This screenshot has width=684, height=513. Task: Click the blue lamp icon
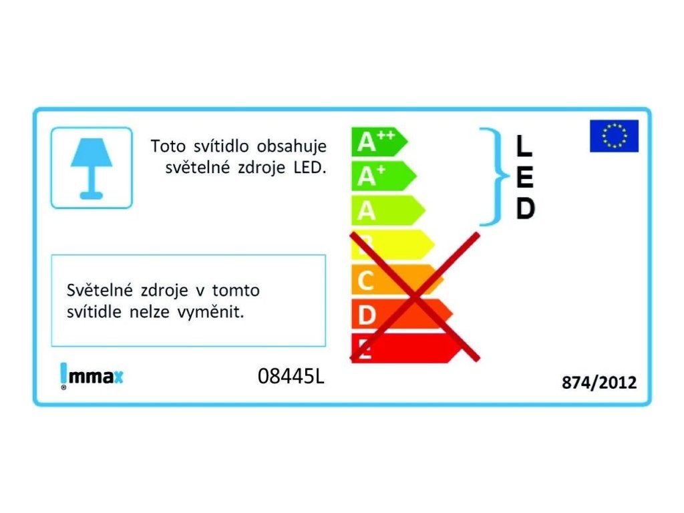point(92,168)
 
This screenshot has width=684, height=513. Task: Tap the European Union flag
point(614,136)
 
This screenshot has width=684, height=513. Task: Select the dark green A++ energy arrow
point(378,142)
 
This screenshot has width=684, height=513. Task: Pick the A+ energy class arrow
point(383,176)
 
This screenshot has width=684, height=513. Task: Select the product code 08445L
point(291,377)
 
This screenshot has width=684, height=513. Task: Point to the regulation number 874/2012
point(599,383)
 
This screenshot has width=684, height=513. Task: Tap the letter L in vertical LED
point(524,145)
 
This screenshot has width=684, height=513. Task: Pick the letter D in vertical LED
point(525,209)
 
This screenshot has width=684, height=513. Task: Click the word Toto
point(166,146)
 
